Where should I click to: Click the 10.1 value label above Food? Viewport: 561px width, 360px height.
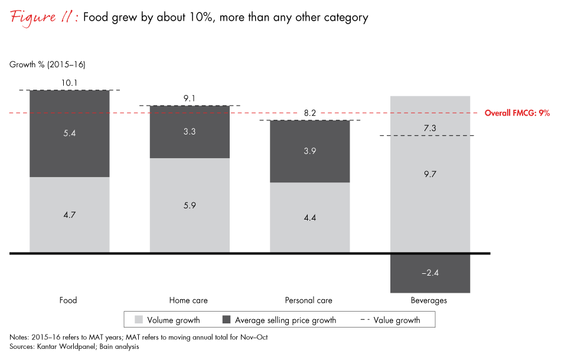tap(70, 83)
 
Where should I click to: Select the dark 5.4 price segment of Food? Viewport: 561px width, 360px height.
tap(70, 133)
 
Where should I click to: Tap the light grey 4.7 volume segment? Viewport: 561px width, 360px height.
tap(70, 215)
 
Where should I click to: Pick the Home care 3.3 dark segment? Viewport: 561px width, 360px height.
tap(190, 132)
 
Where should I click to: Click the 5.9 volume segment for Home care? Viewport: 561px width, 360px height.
tap(190, 206)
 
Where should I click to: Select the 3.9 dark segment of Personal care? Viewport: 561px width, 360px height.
tap(309, 152)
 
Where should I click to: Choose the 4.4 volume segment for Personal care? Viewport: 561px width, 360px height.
tap(309, 218)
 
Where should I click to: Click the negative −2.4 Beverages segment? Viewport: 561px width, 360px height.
tap(430, 273)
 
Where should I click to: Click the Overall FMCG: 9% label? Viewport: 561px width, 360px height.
tap(517, 113)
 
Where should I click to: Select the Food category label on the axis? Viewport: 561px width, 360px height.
tap(69, 300)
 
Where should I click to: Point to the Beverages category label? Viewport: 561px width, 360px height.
tap(429, 300)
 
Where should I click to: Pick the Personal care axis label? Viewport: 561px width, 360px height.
tap(309, 300)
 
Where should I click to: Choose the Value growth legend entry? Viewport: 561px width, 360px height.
tap(390, 320)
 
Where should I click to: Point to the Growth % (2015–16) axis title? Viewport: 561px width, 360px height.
tap(44, 64)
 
